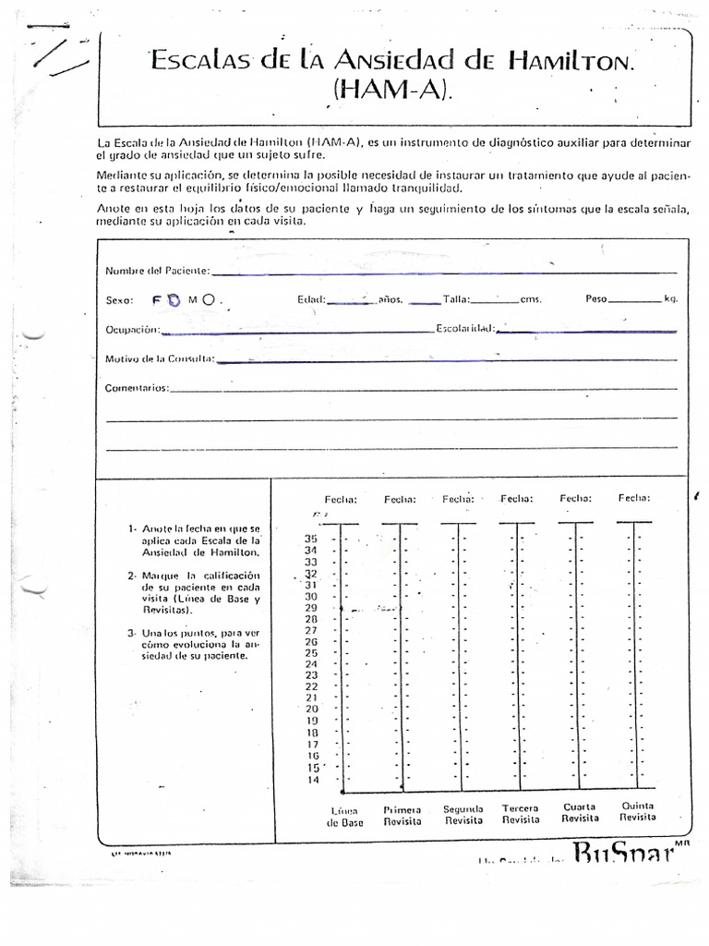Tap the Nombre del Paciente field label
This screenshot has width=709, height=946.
pos(157,271)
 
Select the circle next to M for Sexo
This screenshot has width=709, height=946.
pos(209,299)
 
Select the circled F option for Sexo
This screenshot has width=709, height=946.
pos(173,300)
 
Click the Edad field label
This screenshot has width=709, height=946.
pos(311,299)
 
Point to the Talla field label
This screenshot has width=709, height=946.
pos(456,299)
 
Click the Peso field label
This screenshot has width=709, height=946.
pos(596,299)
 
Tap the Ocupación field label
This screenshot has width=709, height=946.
pos(133,330)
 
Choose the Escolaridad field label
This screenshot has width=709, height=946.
pos(466,328)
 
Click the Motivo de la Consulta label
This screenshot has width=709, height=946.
pos(160,358)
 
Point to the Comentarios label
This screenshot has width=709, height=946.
pos(137,388)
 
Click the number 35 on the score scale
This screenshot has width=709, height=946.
pos(310,539)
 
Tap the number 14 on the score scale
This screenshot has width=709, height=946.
pos(311,779)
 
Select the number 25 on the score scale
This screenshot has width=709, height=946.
pos(311,653)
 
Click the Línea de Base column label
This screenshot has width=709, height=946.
pos(344,817)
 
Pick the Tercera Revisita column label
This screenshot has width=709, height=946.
pos(520,814)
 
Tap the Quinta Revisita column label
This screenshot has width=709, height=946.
pos(638,811)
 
